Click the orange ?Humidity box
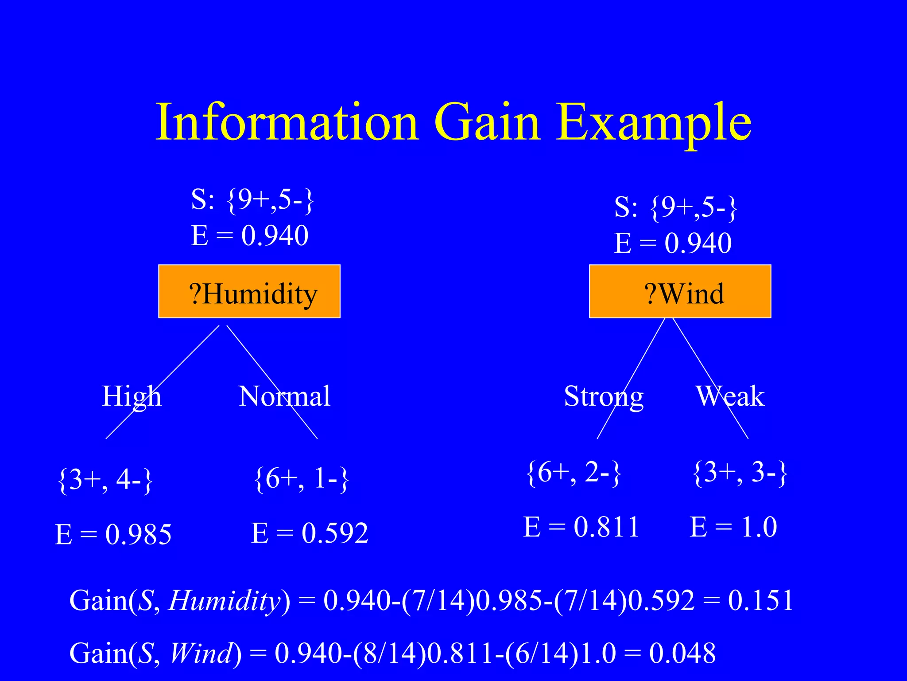(249, 292)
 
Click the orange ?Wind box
(680, 292)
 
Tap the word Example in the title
(654, 122)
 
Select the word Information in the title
(287, 122)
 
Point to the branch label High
(132, 396)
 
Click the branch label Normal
(284, 396)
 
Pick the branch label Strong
(604, 396)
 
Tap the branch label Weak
(730, 396)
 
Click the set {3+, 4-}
(105, 480)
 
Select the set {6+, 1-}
(302, 479)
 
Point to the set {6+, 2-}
(574, 473)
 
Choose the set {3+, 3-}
(740, 473)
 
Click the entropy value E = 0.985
(113, 534)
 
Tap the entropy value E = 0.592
(310, 533)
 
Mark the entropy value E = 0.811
(581, 527)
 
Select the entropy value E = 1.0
(733, 527)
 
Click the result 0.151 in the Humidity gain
(760, 601)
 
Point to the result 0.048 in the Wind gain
(682, 653)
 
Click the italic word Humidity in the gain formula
(224, 601)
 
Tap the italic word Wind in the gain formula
(202, 653)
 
